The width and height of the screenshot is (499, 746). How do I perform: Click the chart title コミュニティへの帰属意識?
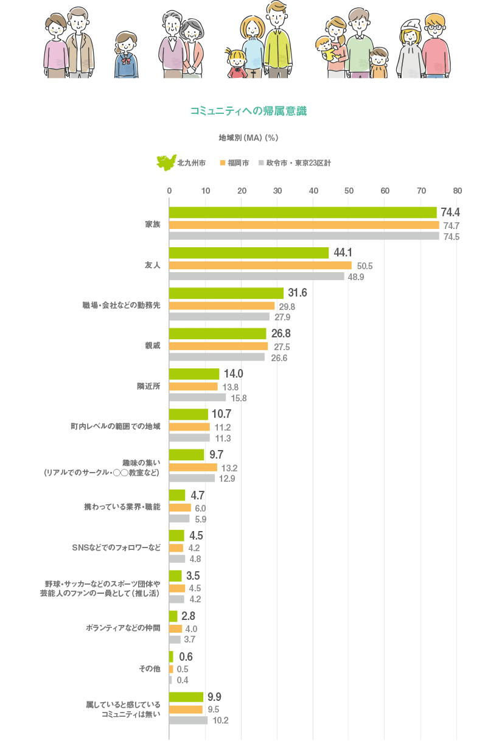(x=248, y=111)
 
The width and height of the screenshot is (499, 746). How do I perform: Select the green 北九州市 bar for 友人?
(x=248, y=253)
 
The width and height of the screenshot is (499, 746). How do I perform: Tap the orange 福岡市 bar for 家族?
(x=304, y=225)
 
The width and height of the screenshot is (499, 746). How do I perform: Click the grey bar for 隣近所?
(x=197, y=398)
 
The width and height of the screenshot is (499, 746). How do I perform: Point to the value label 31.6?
(x=297, y=293)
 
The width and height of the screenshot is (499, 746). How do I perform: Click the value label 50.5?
(x=365, y=266)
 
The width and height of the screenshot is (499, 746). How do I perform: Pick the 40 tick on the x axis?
(x=313, y=191)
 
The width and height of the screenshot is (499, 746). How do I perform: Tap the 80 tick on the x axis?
(x=457, y=191)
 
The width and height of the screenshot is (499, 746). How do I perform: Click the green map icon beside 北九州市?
(x=165, y=163)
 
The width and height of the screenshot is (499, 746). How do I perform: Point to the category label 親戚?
(x=152, y=345)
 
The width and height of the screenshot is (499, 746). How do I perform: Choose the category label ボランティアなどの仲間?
(x=123, y=628)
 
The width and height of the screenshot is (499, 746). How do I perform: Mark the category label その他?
(x=150, y=669)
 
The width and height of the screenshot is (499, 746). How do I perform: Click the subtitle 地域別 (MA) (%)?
(x=248, y=138)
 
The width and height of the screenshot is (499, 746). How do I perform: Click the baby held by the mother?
(x=327, y=49)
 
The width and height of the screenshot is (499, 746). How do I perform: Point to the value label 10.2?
(x=220, y=720)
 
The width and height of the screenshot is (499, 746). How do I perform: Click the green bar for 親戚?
(x=217, y=334)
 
